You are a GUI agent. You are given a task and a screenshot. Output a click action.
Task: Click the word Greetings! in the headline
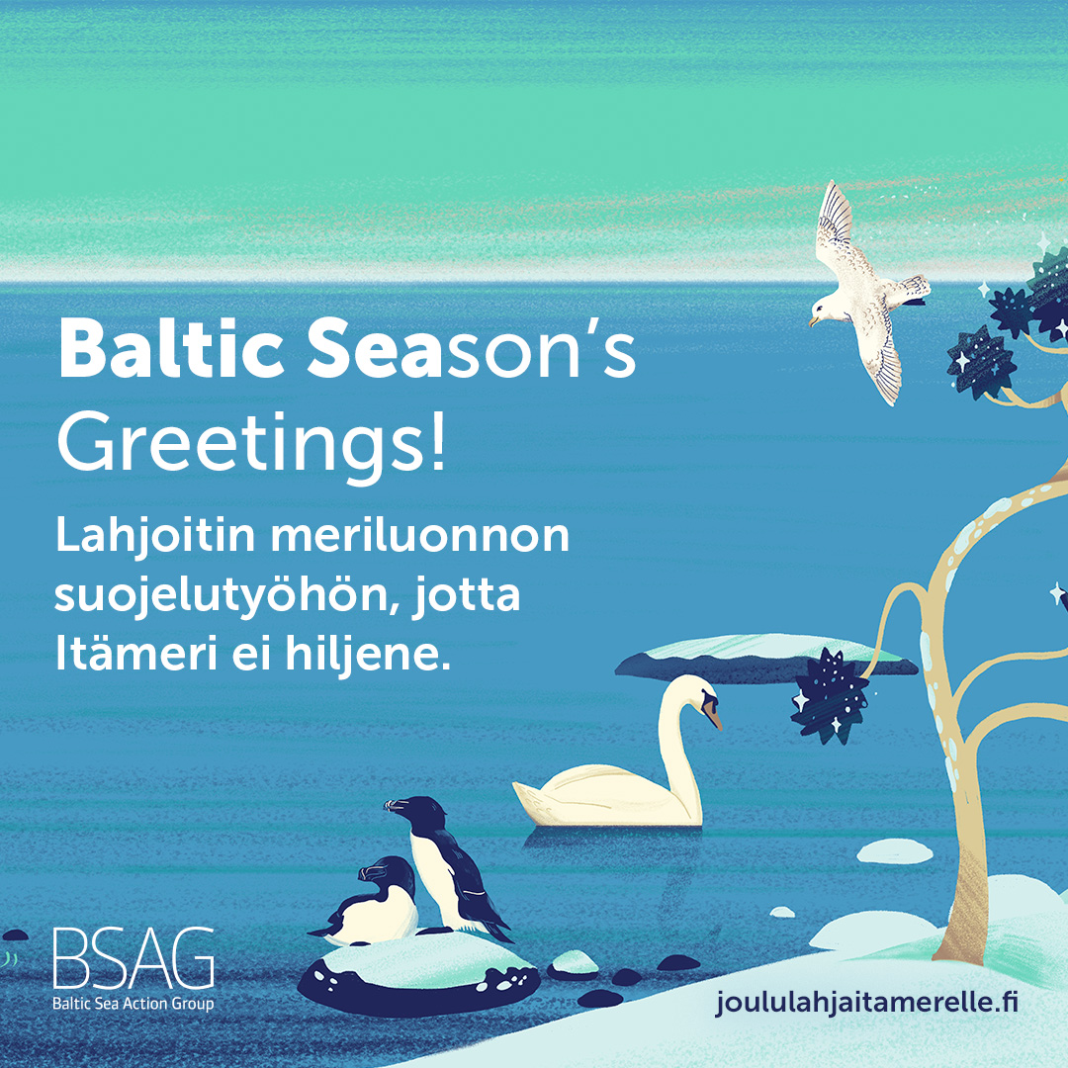click(251, 445)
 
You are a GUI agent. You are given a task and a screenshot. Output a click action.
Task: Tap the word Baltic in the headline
click(171, 347)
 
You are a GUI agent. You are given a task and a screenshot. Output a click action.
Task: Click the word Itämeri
click(134, 653)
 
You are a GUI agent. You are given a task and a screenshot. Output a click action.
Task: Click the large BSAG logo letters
click(133, 957)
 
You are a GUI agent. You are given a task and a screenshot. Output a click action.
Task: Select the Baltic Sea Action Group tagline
click(133, 1004)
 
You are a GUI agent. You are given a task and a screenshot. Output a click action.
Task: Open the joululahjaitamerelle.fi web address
click(866, 1002)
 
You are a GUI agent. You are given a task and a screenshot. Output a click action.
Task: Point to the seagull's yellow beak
click(813, 320)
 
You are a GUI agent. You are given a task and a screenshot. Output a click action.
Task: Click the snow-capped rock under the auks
click(418, 974)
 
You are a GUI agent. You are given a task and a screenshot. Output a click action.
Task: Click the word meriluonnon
click(419, 536)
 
